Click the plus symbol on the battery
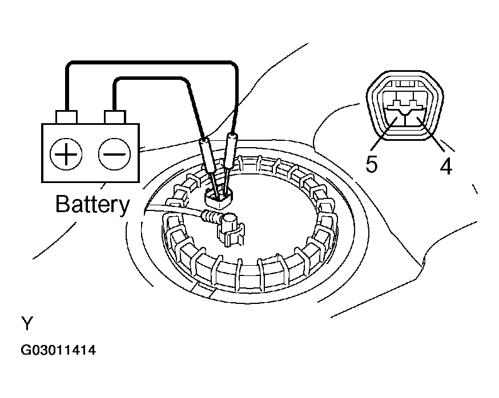point(66,154)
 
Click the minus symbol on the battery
point(114,154)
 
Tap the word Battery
point(92,204)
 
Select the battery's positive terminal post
point(66,117)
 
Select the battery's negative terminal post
point(115,117)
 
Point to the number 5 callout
point(371,164)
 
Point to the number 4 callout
point(446,166)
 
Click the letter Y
point(27,323)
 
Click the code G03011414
point(58,350)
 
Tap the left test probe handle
point(207,156)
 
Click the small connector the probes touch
point(219,198)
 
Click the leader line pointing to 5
point(384,134)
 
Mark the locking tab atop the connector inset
point(404,84)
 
